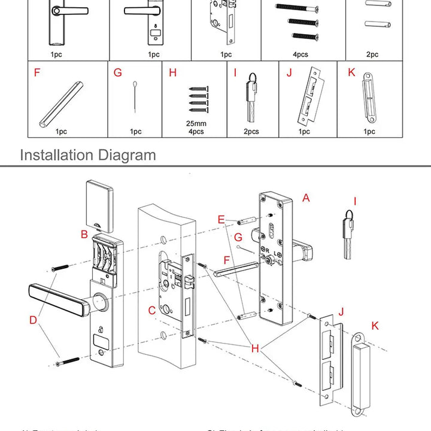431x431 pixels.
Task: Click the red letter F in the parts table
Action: pos(37,73)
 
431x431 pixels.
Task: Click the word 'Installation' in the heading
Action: pos(57,155)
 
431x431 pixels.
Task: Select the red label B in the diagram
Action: pos(84,234)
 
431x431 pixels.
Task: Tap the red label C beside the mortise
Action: pos(153,310)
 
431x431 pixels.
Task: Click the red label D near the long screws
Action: pos(34,320)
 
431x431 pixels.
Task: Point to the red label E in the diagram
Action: pos(221,220)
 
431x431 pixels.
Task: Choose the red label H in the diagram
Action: pos(255,348)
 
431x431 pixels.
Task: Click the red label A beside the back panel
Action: pos(306,198)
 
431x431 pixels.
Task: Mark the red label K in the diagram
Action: pos(375,326)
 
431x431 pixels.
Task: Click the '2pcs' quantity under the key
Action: pos(251,132)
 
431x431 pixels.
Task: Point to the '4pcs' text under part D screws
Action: pos(301,54)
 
